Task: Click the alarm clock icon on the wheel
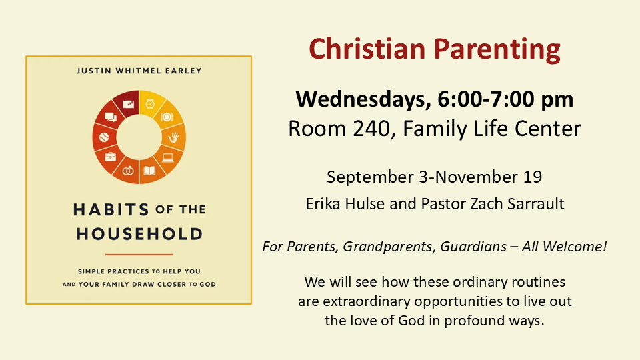coord(150,104)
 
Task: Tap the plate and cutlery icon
coord(167,117)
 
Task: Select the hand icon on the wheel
coord(173,137)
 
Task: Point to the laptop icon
coord(168,157)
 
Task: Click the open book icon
coord(149,170)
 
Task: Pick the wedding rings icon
coord(128,170)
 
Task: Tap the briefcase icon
coord(111,156)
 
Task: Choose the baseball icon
coord(104,137)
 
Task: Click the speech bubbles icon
coord(111,117)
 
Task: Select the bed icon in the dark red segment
coord(129,104)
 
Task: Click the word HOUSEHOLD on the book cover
coord(139,234)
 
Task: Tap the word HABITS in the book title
coord(111,210)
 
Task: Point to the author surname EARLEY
coord(184,71)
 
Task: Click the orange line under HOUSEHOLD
coord(139,254)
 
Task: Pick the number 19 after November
coord(533,177)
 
